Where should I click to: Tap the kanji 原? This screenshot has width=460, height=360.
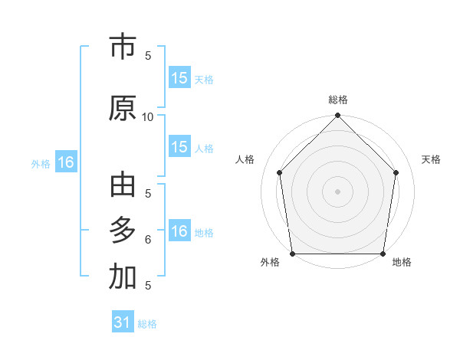pyautogui.click(x=123, y=108)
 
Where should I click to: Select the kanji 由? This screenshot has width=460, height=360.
pyautogui.click(x=123, y=186)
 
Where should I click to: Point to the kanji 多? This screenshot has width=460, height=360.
pyautogui.click(x=123, y=231)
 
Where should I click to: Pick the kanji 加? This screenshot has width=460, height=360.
pyautogui.click(x=123, y=277)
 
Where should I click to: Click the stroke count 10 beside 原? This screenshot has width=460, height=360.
pyautogui.click(x=148, y=116)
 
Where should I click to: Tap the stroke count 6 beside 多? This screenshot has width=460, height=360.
pyautogui.click(x=148, y=240)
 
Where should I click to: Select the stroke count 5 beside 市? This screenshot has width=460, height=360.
pyautogui.click(x=148, y=55)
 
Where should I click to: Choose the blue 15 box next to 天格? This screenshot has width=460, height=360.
pyautogui.click(x=179, y=77)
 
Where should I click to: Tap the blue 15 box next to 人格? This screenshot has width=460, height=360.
pyautogui.click(x=179, y=147)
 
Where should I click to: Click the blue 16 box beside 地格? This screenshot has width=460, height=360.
pyautogui.click(x=179, y=231)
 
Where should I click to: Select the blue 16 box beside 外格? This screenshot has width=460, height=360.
pyautogui.click(x=65, y=162)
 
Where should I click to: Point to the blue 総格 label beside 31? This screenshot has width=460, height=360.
pyautogui.click(x=147, y=324)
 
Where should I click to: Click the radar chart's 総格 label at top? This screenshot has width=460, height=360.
pyautogui.click(x=337, y=100)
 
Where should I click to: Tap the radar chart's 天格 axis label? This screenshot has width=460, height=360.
pyautogui.click(x=431, y=159)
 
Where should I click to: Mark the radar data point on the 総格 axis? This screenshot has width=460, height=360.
pyautogui.click(x=337, y=116)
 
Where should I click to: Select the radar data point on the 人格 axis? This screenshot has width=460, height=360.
pyautogui.click(x=279, y=172)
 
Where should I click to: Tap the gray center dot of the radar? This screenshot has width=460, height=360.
pyautogui.click(x=337, y=191)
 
